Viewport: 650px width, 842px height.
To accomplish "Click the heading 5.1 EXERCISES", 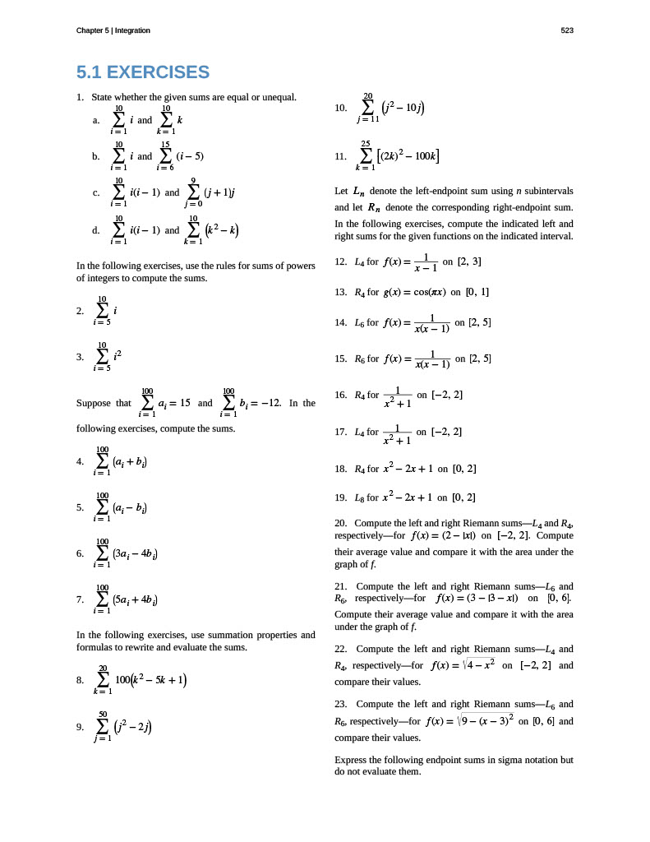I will click(x=143, y=72).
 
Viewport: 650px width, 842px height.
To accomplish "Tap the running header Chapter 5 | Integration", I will click(x=113, y=30).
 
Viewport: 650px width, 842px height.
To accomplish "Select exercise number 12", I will click(x=341, y=262).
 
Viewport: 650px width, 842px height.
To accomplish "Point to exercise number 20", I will click(x=341, y=523).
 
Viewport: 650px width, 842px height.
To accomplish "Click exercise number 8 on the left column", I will click(x=80, y=680).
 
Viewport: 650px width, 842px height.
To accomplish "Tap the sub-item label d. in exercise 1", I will click(x=97, y=230).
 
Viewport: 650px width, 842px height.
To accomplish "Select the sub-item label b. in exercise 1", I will click(x=97, y=155).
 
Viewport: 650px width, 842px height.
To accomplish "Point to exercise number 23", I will click(x=341, y=704).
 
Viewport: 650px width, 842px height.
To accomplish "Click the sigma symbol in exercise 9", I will click(x=103, y=726).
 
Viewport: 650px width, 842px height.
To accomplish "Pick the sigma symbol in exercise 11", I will click(x=365, y=155).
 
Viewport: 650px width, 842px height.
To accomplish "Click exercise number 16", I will click(x=341, y=395).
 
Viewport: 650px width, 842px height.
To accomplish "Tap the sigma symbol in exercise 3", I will click(x=102, y=356).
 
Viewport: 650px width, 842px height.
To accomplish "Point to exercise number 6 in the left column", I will click(x=80, y=553).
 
